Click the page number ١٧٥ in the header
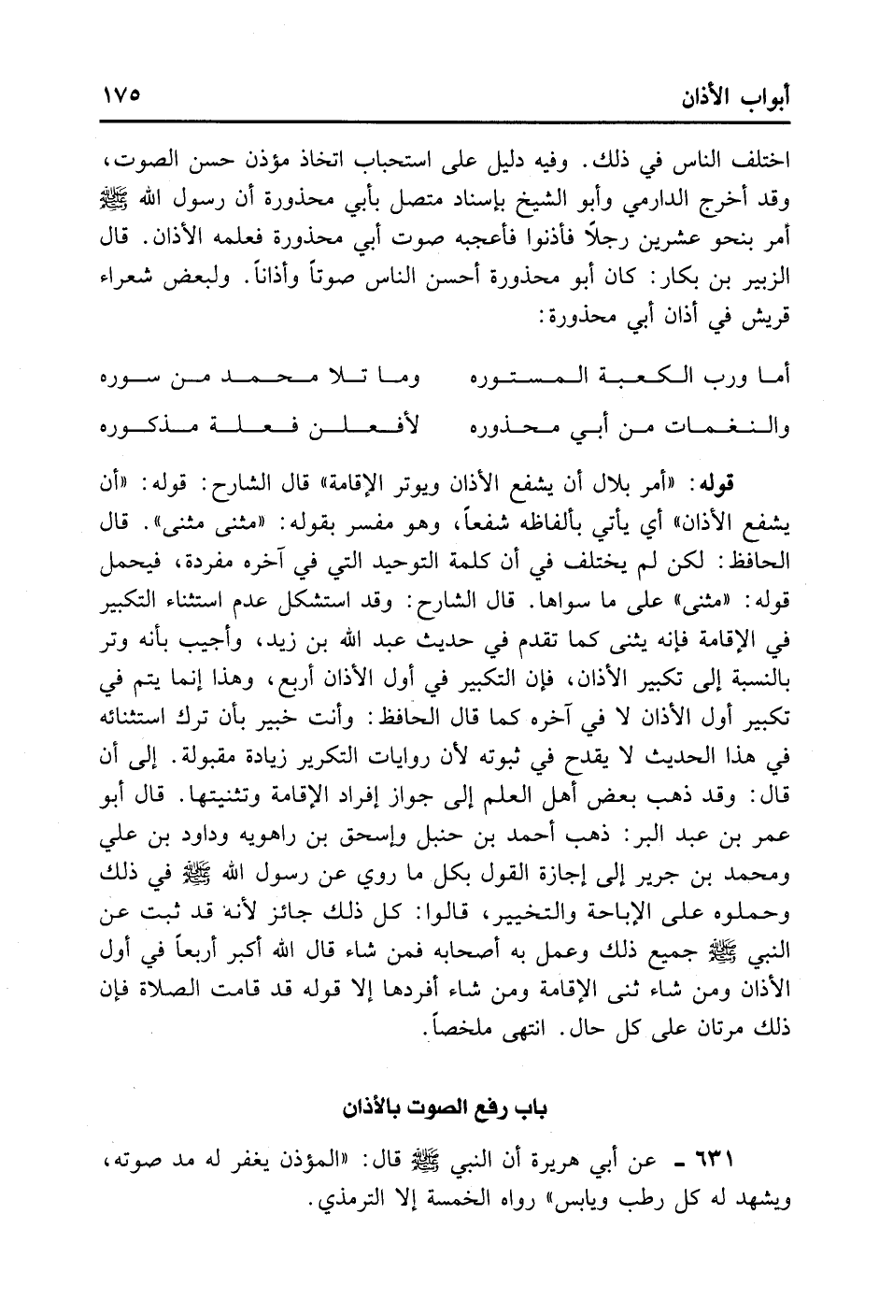121,95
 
